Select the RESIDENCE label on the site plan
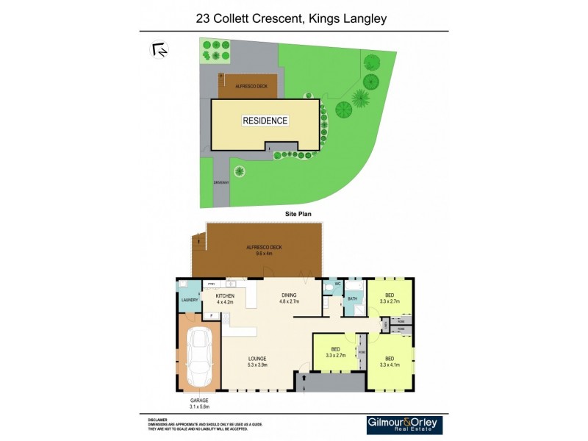[265, 121]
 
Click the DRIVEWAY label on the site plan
[220, 182]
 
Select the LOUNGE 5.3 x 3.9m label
[257, 362]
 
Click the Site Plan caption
[300, 214]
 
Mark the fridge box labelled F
[211, 316]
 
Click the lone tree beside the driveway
[240, 171]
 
